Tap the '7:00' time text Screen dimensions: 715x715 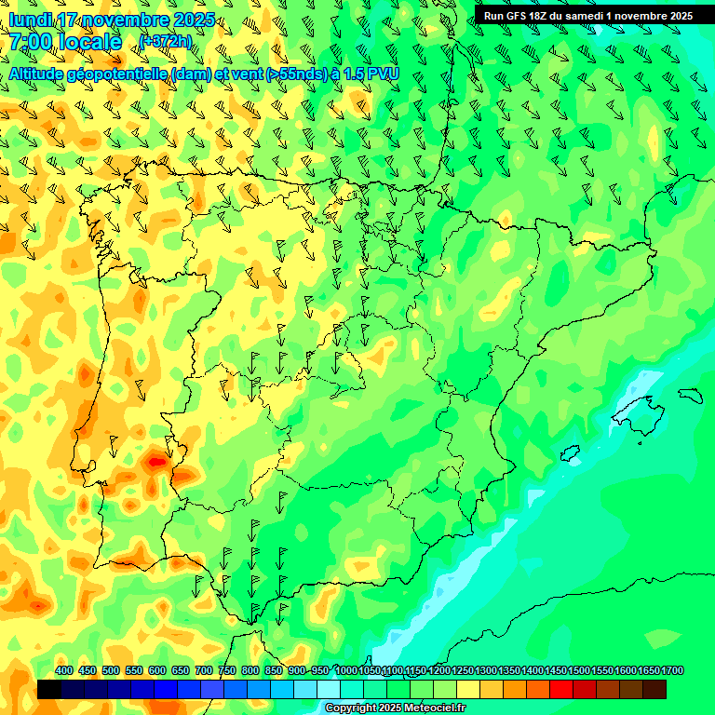31,42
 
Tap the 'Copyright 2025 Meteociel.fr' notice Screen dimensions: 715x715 396,708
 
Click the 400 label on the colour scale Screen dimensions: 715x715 64,670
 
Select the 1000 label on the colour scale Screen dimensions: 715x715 345,670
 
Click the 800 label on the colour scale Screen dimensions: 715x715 250,670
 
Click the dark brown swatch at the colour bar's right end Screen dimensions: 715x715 654,690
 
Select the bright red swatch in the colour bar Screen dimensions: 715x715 561,690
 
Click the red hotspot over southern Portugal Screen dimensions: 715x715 155,460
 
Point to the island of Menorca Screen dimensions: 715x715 690,396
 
